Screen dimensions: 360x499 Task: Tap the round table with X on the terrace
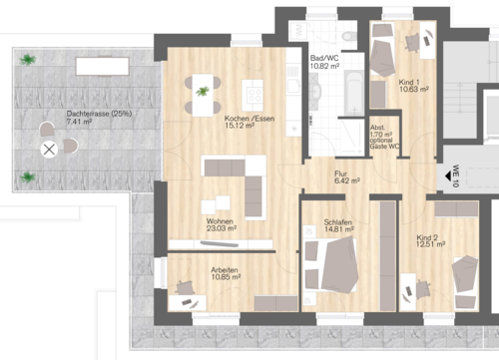(x=48, y=151)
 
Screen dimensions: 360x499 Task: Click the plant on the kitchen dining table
(x=204, y=92)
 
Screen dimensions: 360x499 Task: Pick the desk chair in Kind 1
(x=415, y=43)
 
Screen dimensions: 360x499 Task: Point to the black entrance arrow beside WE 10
(x=440, y=179)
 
